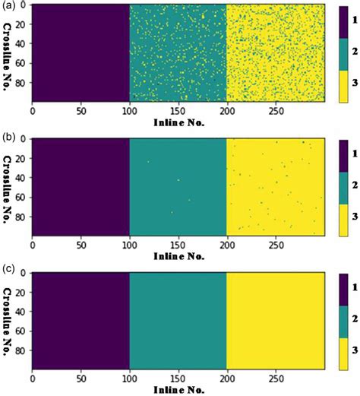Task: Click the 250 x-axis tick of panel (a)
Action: [276, 109]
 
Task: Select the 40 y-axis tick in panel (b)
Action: [19, 179]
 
